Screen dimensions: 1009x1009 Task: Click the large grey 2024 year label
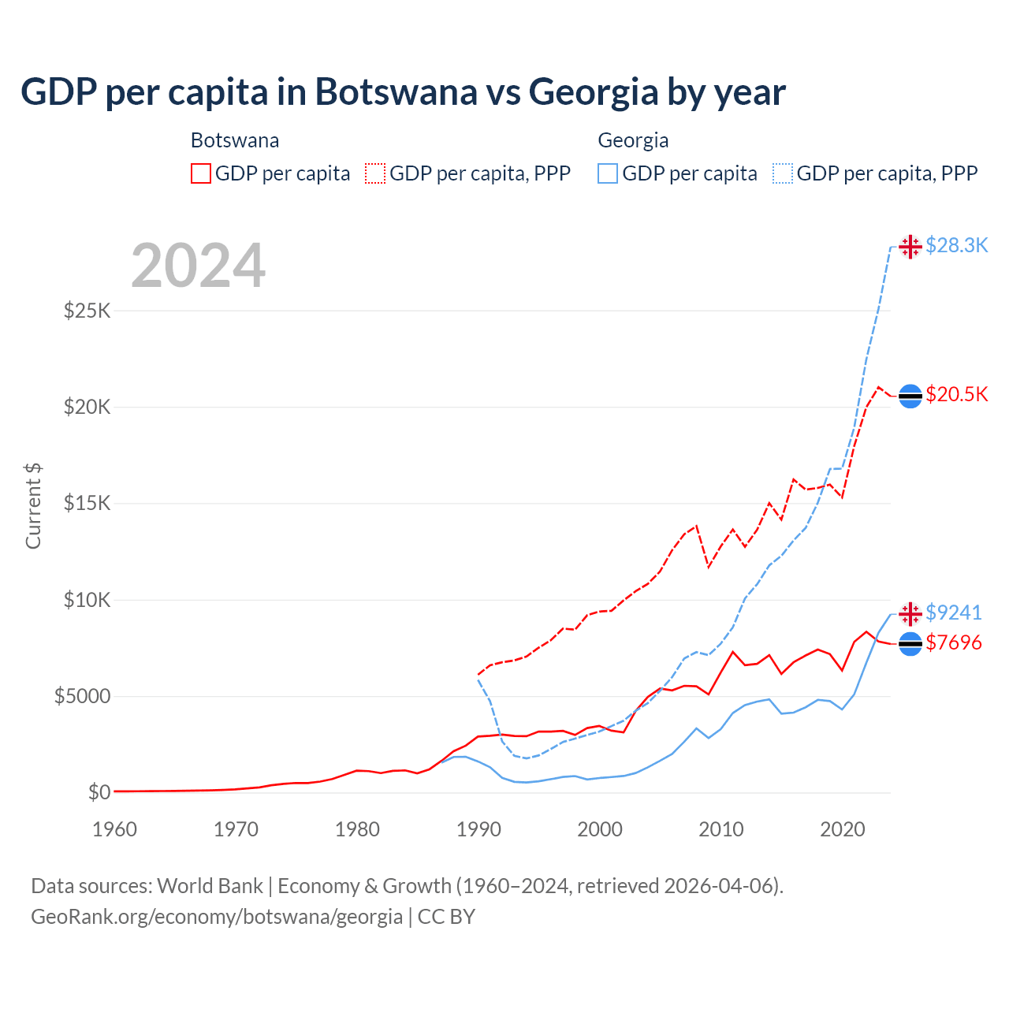[x=198, y=266]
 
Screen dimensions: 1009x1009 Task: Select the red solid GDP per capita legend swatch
[x=201, y=173]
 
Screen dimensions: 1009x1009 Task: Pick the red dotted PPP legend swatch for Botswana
[x=375, y=173]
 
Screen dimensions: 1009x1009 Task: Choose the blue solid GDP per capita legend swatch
[x=608, y=173]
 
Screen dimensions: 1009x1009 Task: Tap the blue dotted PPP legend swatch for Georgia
[x=783, y=173]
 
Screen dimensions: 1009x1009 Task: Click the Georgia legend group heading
[x=633, y=140]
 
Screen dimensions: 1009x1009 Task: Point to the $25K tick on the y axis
[x=87, y=311]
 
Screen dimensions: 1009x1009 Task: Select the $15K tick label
[x=87, y=503]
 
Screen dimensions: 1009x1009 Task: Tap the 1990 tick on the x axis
[x=478, y=829]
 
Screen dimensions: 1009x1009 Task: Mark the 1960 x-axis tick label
[x=115, y=829]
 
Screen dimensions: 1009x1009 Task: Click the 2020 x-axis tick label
[x=843, y=829]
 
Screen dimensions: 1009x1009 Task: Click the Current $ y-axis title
[x=33, y=506]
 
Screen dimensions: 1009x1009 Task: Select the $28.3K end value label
[x=956, y=246]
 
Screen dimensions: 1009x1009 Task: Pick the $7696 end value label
[x=954, y=643]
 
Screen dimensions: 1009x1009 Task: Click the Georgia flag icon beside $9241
[x=910, y=612]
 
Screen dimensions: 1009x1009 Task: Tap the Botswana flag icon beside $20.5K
[x=910, y=396]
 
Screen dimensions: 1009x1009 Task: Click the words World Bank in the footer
[x=210, y=886]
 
